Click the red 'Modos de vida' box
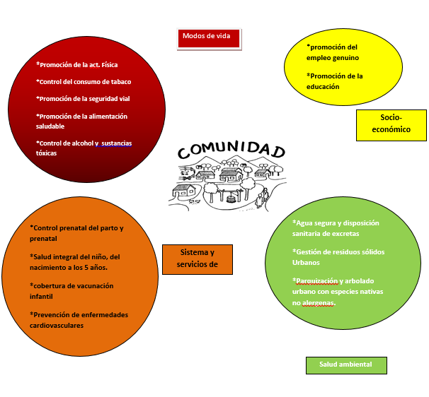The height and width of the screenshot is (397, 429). click(x=209, y=39)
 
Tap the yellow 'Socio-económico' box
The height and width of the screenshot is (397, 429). click(x=391, y=125)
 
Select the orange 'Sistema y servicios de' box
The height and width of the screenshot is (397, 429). click(x=198, y=259)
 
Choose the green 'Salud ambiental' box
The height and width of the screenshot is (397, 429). click(x=346, y=365)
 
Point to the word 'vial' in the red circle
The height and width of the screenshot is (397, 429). click(x=125, y=99)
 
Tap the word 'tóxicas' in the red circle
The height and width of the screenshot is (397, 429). click(x=46, y=153)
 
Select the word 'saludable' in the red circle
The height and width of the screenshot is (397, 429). click(x=50, y=126)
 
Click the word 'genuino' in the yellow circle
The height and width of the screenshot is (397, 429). click(x=346, y=58)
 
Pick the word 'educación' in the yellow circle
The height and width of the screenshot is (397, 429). click(x=323, y=87)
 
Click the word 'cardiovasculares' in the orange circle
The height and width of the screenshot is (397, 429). click(x=57, y=326)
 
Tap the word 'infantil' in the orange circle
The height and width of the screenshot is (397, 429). click(x=41, y=297)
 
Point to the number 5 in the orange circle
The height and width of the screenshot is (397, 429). click(x=86, y=268)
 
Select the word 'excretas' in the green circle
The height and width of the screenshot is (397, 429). click(x=347, y=234)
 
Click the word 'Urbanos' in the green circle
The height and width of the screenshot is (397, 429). click(x=306, y=263)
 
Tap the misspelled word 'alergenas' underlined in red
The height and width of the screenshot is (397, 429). click(x=318, y=303)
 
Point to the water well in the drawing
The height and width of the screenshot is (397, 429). click(x=231, y=197)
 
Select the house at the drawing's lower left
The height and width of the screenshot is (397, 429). click(x=184, y=190)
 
